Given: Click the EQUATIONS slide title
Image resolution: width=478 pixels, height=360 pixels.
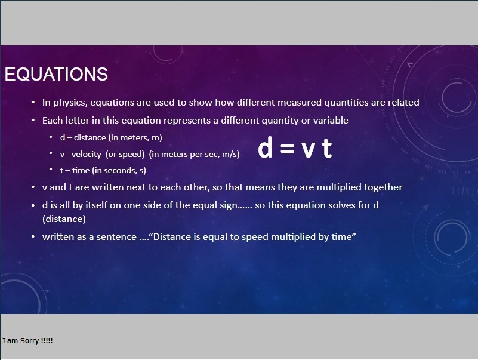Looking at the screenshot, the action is point(56,74).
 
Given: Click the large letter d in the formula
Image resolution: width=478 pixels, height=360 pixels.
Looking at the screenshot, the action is point(264,147).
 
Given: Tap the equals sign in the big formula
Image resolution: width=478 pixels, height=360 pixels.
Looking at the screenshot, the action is point(287,148).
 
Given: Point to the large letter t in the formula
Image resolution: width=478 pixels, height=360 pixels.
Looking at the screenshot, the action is point(327,148).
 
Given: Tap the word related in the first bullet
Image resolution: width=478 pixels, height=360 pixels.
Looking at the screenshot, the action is point(403,103).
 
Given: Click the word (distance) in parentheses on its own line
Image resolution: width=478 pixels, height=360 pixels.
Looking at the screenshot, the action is point(64,219).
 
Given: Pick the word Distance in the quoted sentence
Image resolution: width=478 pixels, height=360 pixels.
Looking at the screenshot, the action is point(172,237).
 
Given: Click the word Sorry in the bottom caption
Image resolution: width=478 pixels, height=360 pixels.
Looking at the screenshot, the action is point(30,340).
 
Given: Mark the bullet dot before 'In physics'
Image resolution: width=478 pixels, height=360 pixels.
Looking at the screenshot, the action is point(33,103).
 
